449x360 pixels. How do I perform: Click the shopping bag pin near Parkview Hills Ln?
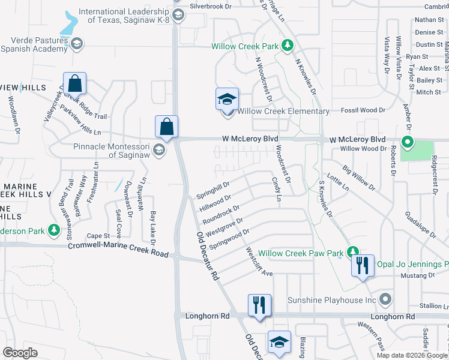74,84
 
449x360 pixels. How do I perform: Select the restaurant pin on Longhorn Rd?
259,305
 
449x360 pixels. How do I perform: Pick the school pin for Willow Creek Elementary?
228,100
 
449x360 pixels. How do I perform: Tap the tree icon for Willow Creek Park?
288,46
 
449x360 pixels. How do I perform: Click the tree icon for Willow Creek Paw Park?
354,253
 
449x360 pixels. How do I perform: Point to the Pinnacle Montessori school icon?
159,149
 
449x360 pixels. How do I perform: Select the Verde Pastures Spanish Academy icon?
77,43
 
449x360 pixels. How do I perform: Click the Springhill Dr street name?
213,191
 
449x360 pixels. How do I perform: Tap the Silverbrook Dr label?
210,6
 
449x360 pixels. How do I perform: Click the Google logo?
20,352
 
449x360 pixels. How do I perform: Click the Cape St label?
98,236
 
